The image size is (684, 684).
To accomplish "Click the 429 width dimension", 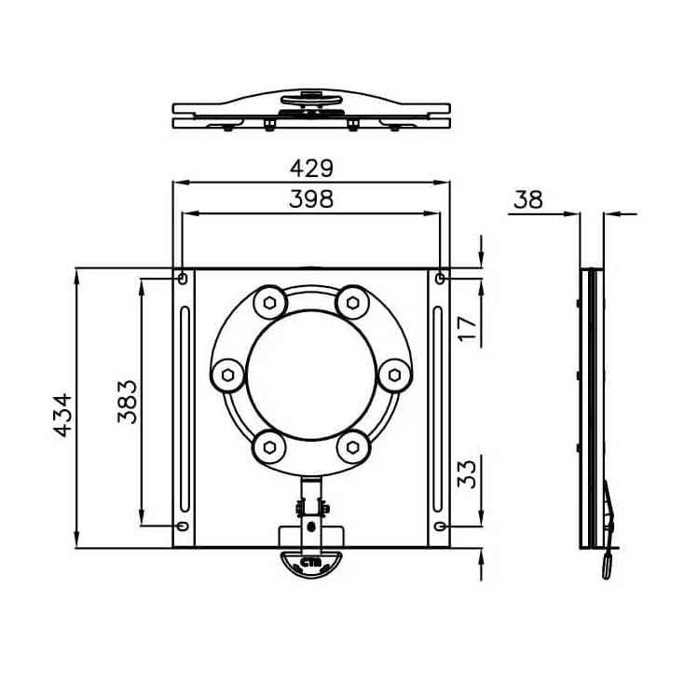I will (311, 168).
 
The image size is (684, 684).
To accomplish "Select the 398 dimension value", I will (311, 198).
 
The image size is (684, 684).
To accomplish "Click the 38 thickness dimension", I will (527, 198).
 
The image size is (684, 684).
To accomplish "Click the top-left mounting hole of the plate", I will (182, 278).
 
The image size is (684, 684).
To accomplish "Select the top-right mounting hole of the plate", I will (440, 278).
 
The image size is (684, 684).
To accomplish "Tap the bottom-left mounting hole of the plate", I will (182, 527).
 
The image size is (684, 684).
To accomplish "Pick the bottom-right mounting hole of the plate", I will (440, 527).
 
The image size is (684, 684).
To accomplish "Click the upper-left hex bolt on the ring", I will (270, 302).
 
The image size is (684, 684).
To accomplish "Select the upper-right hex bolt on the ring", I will (351, 302).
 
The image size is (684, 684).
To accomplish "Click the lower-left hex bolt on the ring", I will (270, 447).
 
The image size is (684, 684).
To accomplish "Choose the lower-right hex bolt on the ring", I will (351, 447).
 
